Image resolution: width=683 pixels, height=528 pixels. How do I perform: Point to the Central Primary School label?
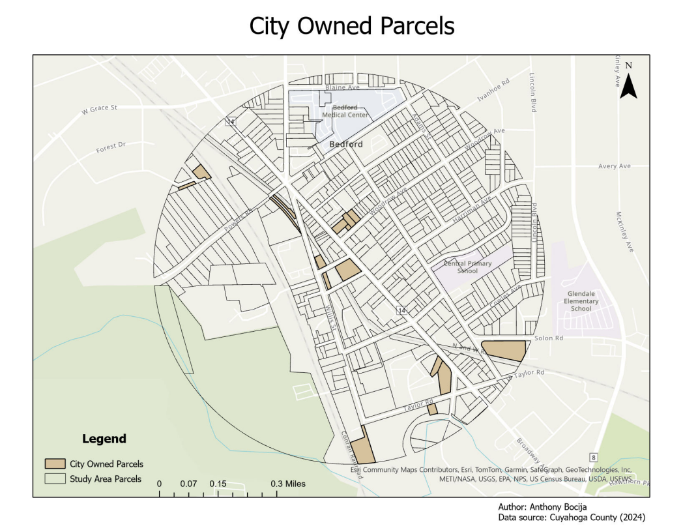point(468,267)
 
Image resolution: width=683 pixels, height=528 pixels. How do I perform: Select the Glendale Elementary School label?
point(581,301)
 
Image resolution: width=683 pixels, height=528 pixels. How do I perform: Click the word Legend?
point(104,439)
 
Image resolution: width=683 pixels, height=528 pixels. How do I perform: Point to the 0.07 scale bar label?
point(188,484)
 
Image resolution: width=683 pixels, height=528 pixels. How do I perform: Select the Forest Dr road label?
point(110,147)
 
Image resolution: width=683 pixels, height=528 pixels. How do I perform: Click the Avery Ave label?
point(614,166)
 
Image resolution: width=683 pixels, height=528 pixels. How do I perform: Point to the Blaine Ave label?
point(342,87)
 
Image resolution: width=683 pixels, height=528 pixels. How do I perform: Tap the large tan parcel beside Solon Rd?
point(503,349)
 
